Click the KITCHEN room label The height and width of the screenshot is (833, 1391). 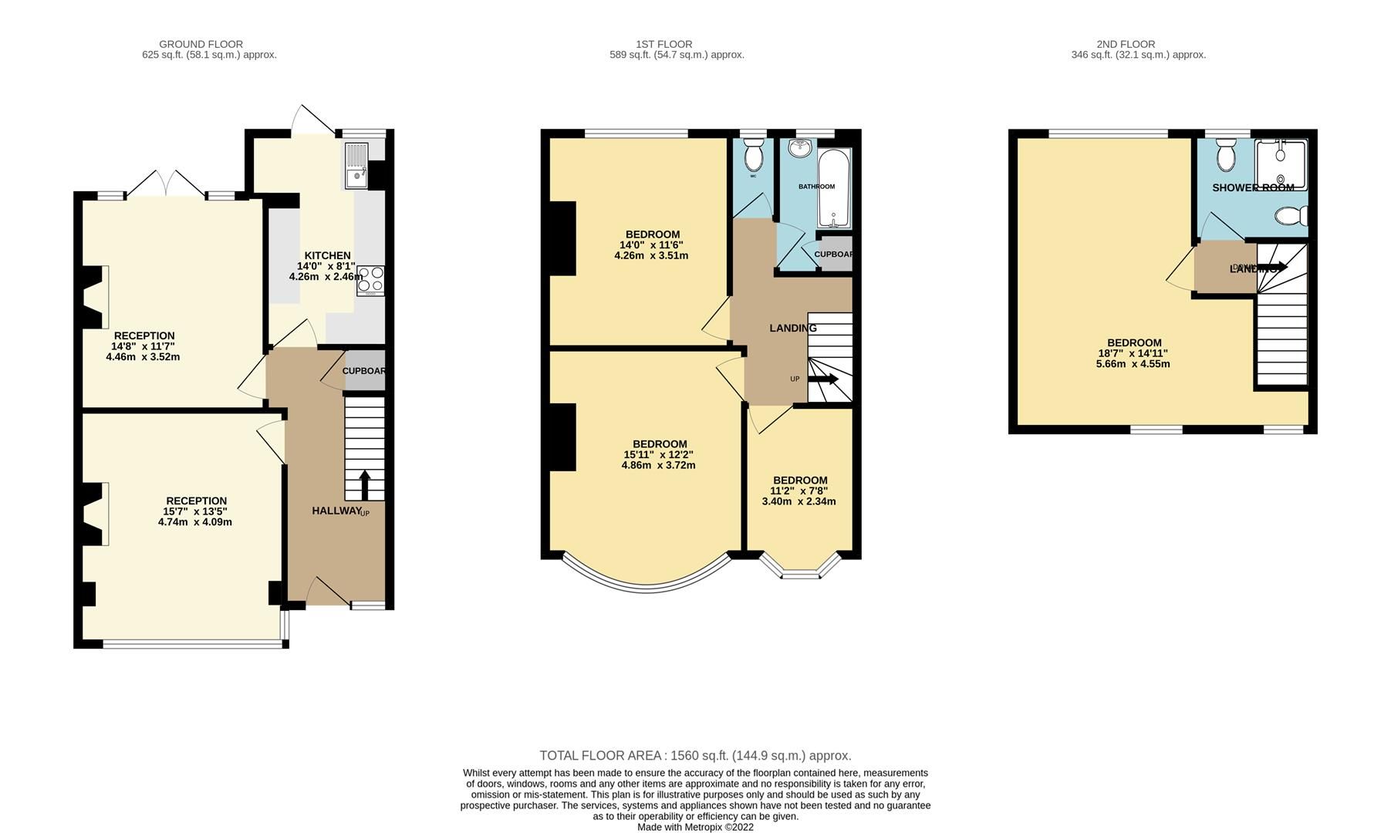(327, 255)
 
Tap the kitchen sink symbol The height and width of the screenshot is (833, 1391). (356, 167)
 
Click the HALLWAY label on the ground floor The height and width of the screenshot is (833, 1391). (336, 511)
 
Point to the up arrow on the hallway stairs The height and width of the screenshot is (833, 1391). (365, 485)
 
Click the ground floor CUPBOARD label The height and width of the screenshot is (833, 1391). (363, 371)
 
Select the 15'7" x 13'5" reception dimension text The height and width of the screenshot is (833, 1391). (195, 511)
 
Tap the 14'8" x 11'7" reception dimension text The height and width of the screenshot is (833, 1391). (143, 346)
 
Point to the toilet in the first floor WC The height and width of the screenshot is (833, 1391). (754, 157)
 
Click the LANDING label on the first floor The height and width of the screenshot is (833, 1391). (792, 328)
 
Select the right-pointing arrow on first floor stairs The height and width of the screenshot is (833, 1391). (823, 379)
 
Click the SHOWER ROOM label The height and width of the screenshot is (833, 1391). (1252, 187)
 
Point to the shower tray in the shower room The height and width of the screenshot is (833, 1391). (1280, 163)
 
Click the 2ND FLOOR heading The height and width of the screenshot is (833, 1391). (1126, 44)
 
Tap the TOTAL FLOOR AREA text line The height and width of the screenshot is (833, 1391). (695, 756)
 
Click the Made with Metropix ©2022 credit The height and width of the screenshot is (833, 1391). (695, 827)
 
